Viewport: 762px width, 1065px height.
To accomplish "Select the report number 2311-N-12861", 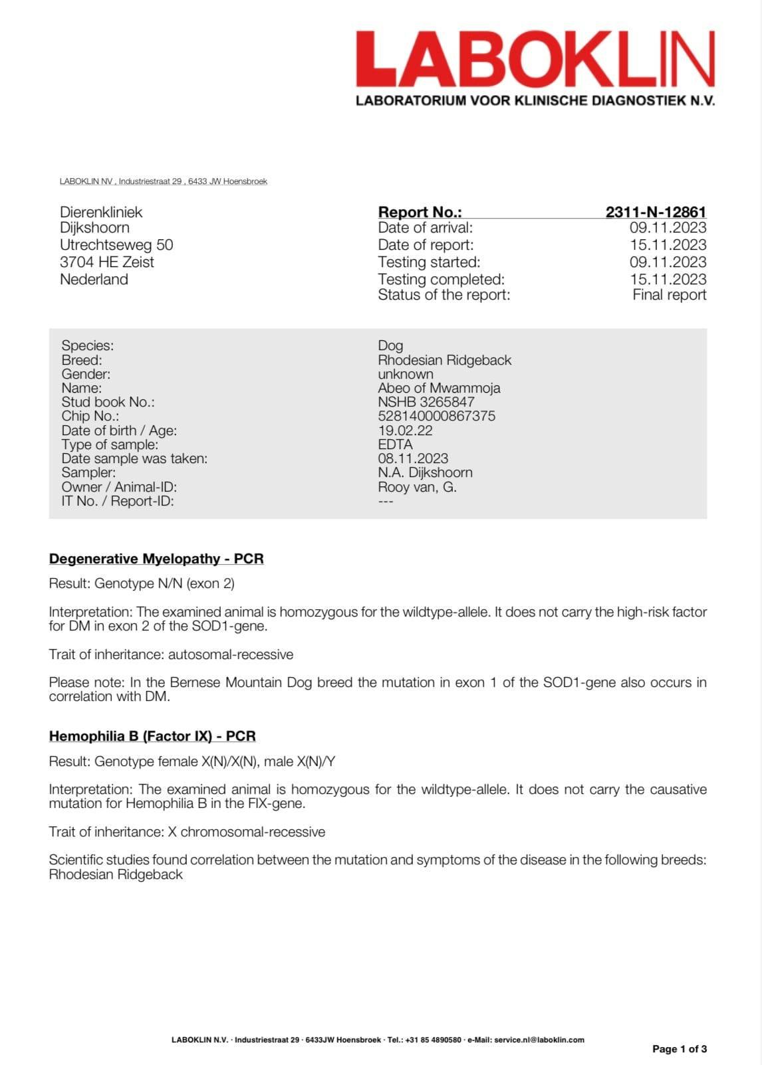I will [656, 212].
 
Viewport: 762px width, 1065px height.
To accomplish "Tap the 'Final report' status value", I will [669, 295].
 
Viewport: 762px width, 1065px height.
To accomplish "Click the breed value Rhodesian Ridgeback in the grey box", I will [444, 360].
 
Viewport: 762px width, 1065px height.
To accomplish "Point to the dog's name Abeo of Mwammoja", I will [439, 388].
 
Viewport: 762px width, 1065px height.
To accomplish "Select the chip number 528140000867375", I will [436, 416].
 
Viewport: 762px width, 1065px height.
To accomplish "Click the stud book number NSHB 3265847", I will [426, 402].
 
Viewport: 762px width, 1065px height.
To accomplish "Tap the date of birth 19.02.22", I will [405, 431].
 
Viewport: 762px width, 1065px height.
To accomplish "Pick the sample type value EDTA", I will [395, 444].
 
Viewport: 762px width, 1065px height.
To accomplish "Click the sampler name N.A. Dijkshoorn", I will [425, 472].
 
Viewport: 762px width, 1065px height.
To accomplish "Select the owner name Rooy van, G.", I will [417, 487].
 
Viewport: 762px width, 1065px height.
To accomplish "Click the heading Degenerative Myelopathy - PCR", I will [156, 559].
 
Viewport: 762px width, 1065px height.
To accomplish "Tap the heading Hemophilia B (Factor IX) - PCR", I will [152, 736].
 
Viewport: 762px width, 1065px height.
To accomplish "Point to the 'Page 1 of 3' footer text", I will [679, 1049].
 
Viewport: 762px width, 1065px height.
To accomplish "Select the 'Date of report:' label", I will [426, 244].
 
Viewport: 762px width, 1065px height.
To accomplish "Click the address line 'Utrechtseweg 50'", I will [116, 244].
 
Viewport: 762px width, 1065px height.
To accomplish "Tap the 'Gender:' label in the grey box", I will [86, 374].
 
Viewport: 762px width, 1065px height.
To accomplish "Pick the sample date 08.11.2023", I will [413, 458].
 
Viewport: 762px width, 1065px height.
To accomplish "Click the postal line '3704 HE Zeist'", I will [106, 262].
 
